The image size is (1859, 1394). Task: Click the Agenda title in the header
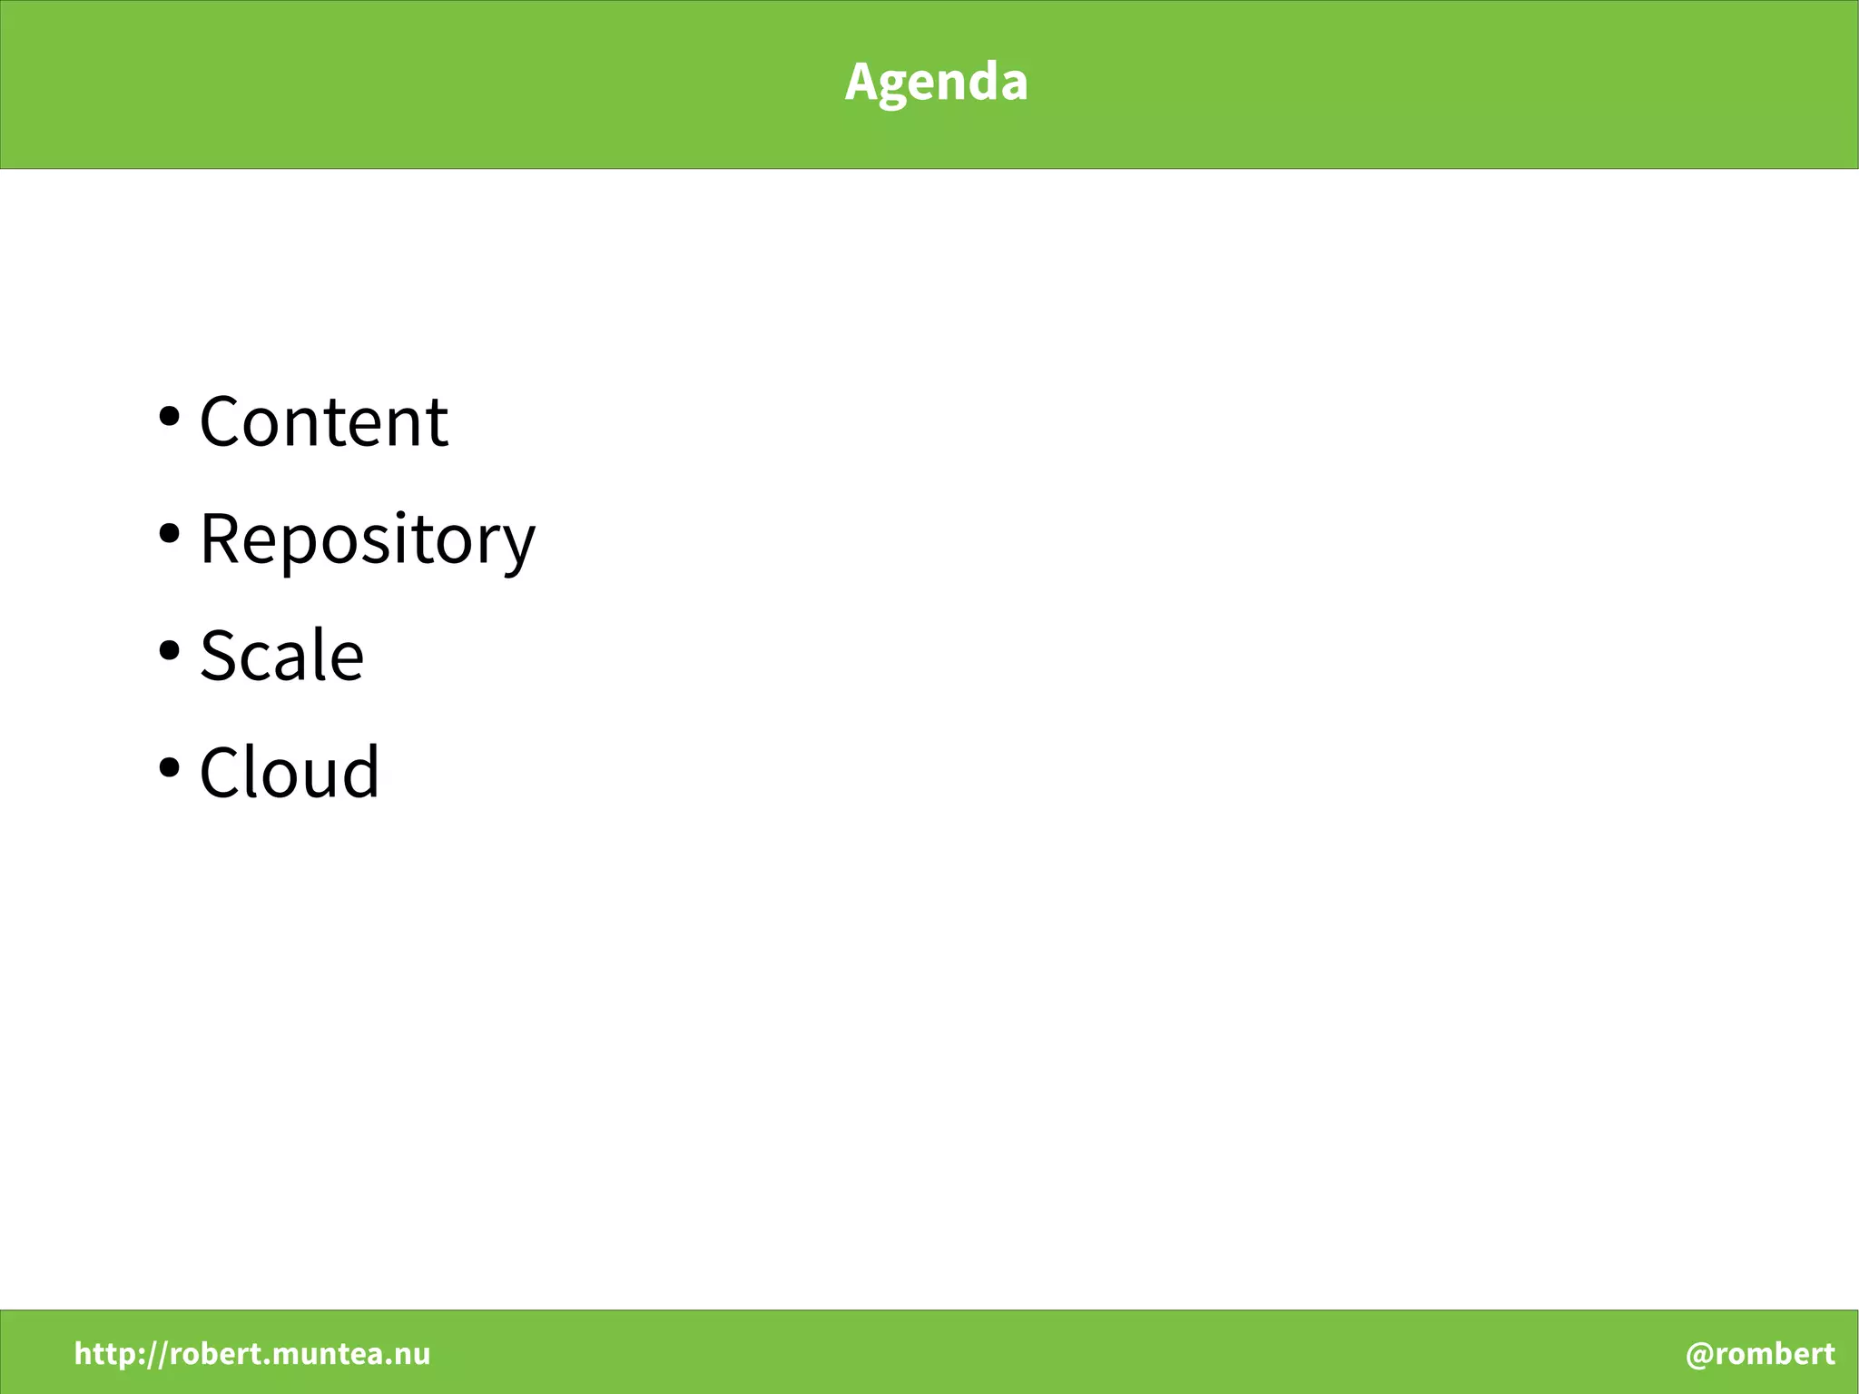coord(936,83)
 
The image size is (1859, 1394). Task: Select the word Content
coord(323,422)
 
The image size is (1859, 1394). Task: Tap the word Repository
coord(367,539)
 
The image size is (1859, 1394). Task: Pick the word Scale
coord(281,656)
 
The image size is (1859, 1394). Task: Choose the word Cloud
coord(289,773)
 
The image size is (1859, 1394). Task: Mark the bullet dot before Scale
coord(169,650)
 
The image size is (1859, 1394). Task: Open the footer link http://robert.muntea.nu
coord(252,1354)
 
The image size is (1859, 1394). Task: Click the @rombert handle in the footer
coord(1760,1354)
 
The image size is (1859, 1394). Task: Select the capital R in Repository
coord(221,539)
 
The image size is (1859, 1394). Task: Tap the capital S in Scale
coord(219,656)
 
